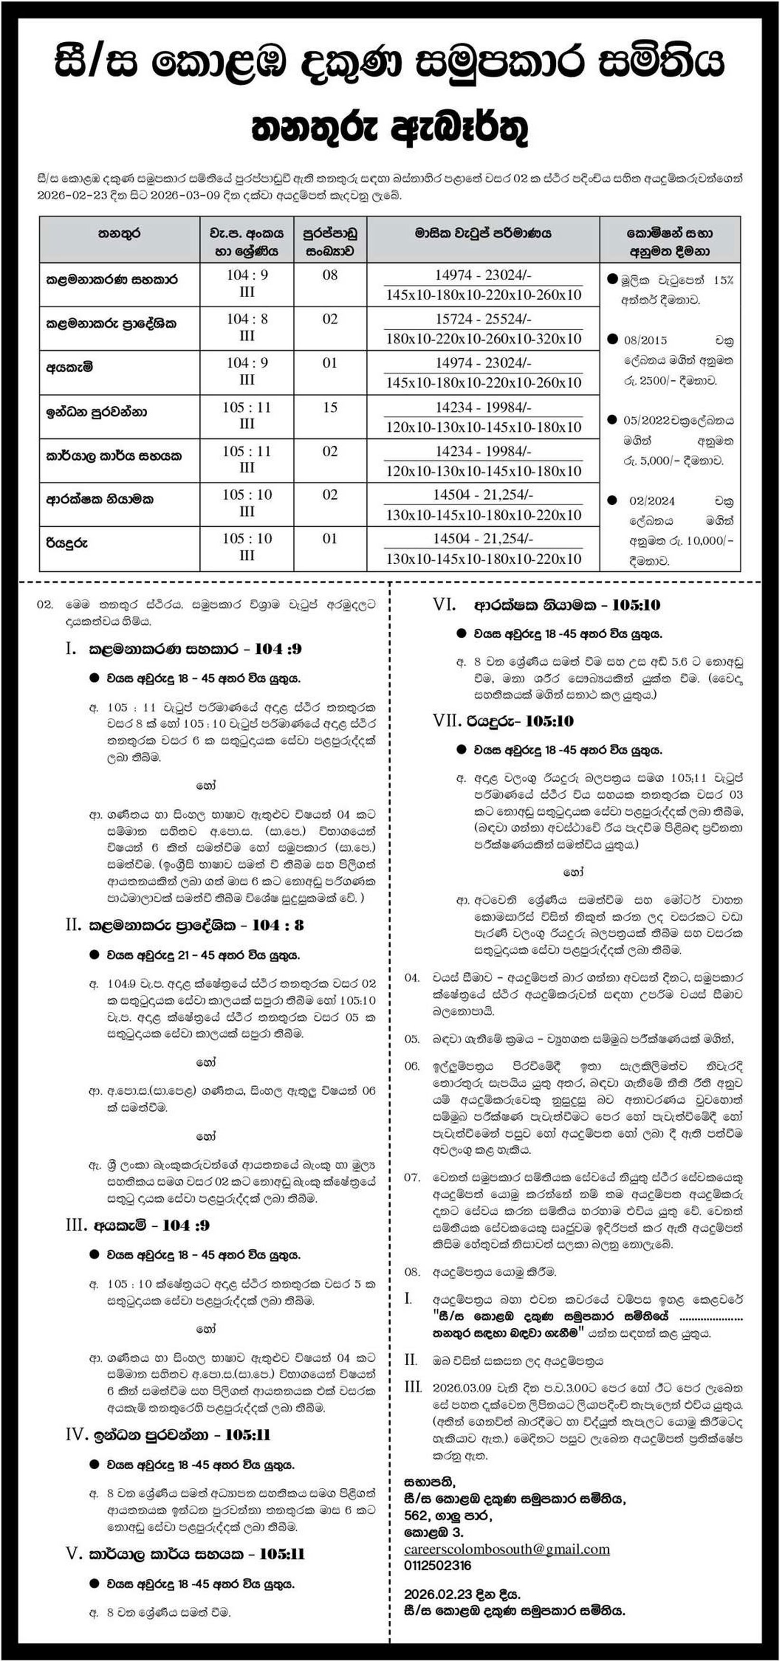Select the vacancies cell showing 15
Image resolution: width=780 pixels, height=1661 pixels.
pyautogui.click(x=329, y=408)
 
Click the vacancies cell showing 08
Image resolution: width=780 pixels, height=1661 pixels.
pyautogui.click(x=329, y=275)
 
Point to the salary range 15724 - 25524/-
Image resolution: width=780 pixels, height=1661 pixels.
pyautogui.click(x=483, y=319)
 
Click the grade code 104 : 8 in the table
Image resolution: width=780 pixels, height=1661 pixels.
pyautogui.click(x=246, y=319)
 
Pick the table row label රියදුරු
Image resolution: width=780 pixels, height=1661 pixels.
pyautogui.click(x=66, y=543)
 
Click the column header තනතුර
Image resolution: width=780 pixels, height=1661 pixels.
pyautogui.click(x=119, y=233)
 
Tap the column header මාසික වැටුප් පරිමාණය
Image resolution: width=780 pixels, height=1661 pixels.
pyautogui.click(x=483, y=233)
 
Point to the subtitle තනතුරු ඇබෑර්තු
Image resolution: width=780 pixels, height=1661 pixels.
pyautogui.click(x=390, y=129)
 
